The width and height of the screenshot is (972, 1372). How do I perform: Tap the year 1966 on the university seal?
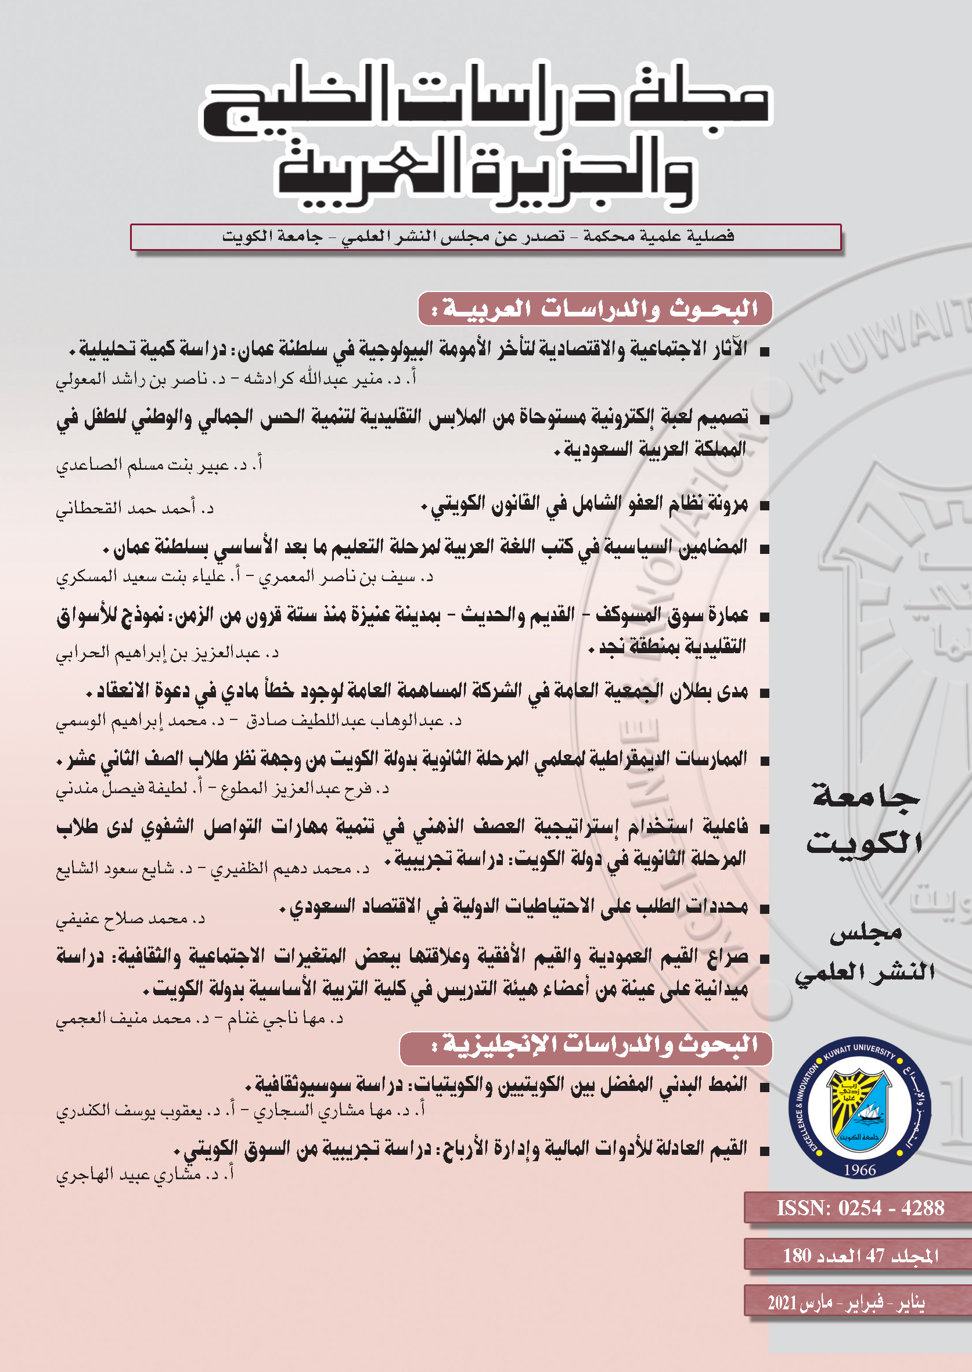point(859,1170)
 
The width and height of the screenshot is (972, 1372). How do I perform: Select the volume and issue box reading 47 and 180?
point(860,1255)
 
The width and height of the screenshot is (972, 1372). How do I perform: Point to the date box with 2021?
point(846,1302)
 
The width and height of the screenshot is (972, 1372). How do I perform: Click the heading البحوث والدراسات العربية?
point(595,309)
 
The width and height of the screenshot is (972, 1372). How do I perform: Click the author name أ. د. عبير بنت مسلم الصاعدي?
point(159,464)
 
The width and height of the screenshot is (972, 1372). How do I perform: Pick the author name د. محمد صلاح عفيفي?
point(131,918)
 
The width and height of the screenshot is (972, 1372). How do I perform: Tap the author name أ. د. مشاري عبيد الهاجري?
point(144,1175)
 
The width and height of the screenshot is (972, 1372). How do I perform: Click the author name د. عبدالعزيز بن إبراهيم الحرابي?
point(168,652)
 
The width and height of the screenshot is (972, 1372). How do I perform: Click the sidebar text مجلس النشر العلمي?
point(865,952)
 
